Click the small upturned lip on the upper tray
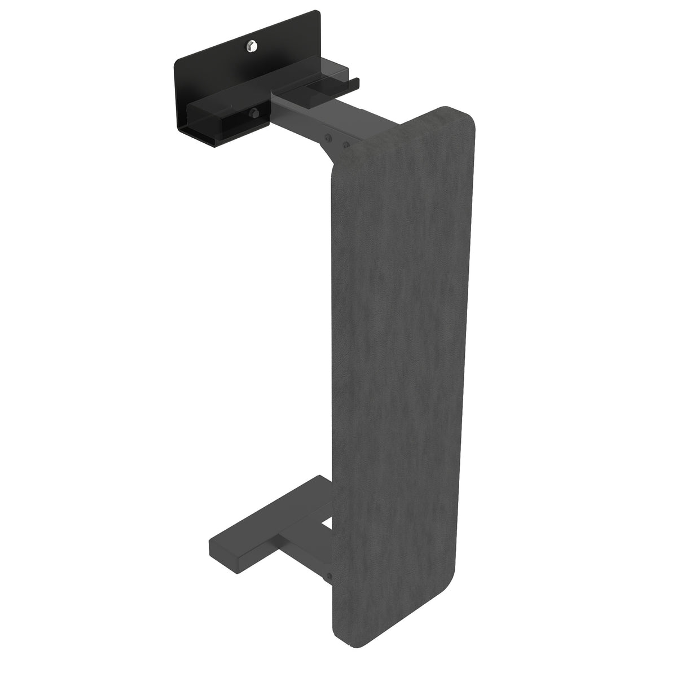(354, 84)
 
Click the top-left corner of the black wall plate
(176, 59)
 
